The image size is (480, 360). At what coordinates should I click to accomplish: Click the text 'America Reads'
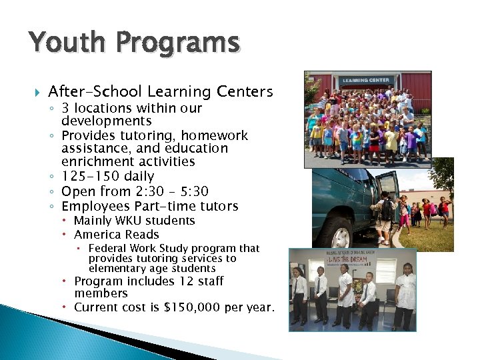tap(116, 234)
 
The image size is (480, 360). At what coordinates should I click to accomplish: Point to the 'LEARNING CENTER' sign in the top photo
tap(365, 81)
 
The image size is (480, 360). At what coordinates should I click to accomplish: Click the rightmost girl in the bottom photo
tap(405, 293)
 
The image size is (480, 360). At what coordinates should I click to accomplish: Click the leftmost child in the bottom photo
tap(299, 293)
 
